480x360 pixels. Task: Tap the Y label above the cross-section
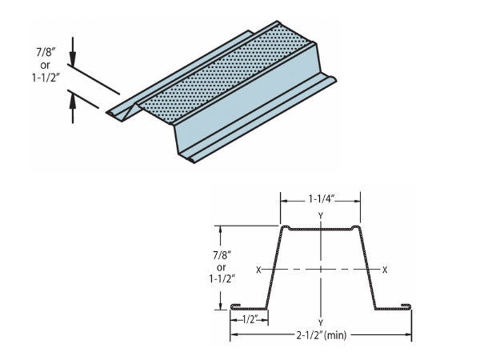(x=320, y=216)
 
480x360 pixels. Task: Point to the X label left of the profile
(x=258, y=270)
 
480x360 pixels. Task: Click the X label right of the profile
(x=385, y=270)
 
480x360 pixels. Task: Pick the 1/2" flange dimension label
(x=250, y=319)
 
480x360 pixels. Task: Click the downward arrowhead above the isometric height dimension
(x=73, y=61)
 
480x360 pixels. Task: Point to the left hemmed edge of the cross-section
(x=235, y=306)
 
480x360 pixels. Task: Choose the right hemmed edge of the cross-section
(x=407, y=305)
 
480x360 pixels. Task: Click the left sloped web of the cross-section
(x=273, y=268)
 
